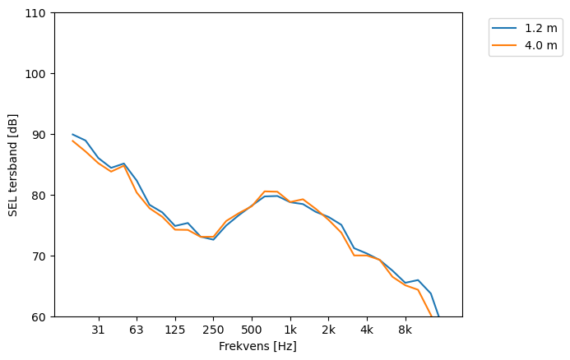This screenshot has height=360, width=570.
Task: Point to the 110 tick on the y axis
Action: (38, 13)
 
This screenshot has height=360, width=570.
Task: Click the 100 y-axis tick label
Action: (38, 74)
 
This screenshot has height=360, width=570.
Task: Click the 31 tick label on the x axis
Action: (98, 330)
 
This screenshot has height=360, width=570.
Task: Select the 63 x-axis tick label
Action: (137, 330)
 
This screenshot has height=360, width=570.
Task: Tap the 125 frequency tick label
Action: (174, 330)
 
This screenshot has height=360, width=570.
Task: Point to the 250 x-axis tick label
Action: (213, 330)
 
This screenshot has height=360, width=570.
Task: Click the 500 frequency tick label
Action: (252, 330)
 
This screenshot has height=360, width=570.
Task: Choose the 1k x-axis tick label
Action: (290, 330)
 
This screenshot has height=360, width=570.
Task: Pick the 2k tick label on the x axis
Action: (328, 330)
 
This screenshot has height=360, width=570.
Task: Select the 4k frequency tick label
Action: (367, 330)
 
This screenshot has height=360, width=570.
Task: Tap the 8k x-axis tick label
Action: (405, 330)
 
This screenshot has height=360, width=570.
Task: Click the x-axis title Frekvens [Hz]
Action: (257, 347)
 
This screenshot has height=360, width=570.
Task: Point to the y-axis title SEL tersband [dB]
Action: (13, 164)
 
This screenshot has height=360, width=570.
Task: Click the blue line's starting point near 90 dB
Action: (72, 134)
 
